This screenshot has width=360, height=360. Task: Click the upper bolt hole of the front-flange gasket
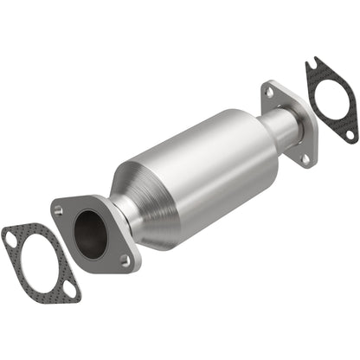[x=11, y=233]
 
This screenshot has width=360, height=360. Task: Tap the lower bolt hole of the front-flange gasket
[x=70, y=292]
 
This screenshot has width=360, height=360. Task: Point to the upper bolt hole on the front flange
[x=60, y=209]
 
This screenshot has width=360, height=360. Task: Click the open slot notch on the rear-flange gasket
[x=312, y=64]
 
